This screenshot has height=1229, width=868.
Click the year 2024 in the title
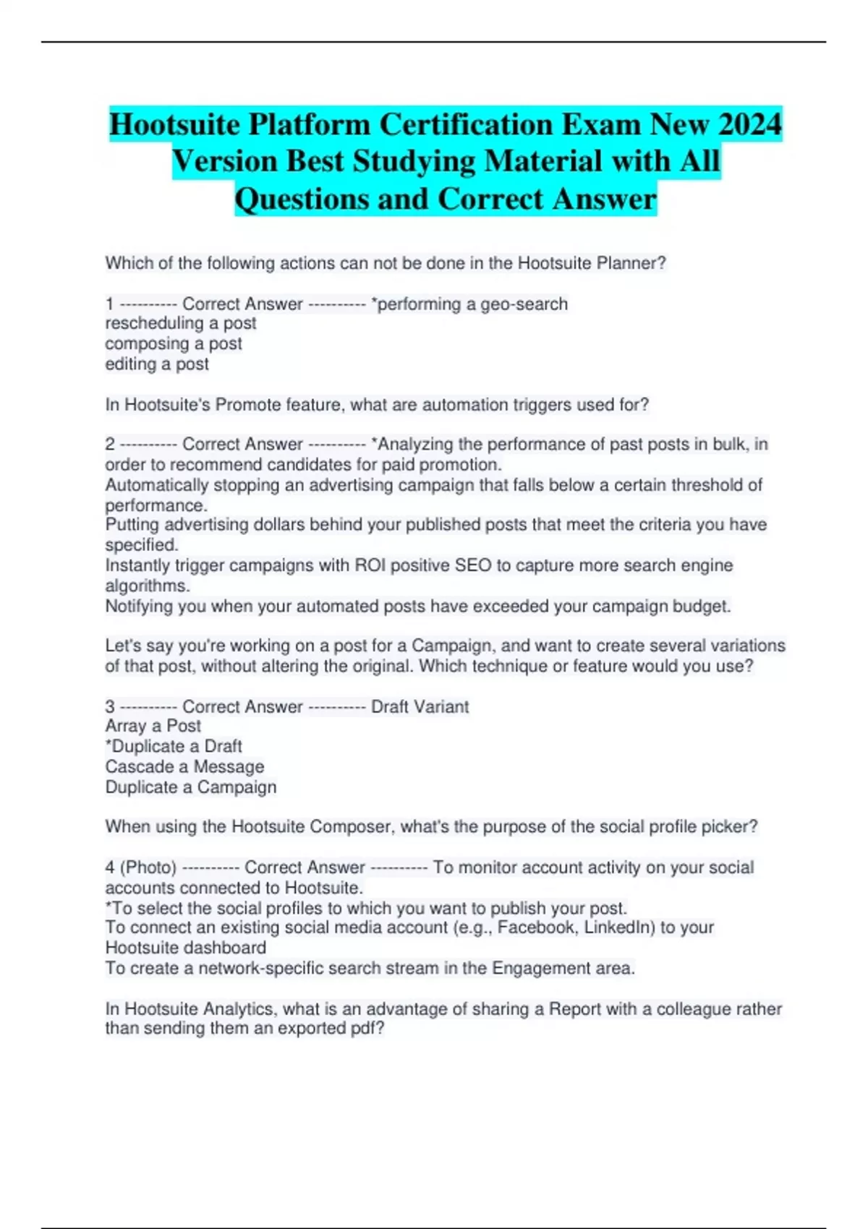coord(750,124)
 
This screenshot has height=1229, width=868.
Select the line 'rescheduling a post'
coord(181,323)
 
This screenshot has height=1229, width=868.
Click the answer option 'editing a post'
coord(157,364)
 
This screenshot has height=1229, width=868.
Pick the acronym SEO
coord(473,565)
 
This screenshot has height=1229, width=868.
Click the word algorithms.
coord(148,586)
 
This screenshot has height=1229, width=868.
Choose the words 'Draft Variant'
coord(420,706)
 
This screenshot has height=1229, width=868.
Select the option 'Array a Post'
coord(153,726)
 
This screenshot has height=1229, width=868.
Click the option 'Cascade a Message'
coord(184,766)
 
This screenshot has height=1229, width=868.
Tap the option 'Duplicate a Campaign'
coord(191,787)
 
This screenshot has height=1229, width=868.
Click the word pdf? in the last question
coord(367,1028)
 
